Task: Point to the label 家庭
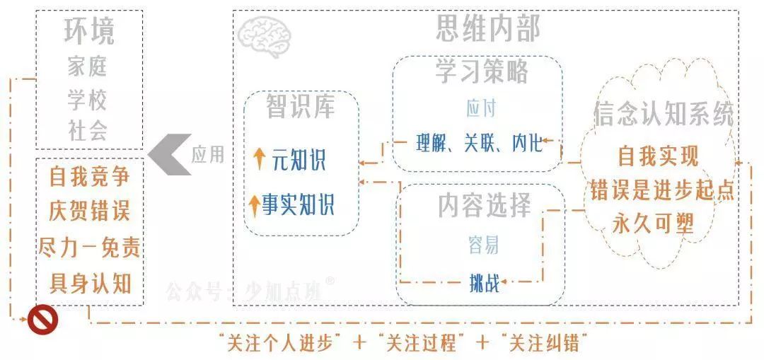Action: (88, 67)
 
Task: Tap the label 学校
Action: (88, 100)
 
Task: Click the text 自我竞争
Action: (89, 175)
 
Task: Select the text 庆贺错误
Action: (89, 211)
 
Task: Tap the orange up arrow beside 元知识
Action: (260, 160)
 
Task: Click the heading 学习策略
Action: (481, 71)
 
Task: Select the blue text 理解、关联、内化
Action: (479, 144)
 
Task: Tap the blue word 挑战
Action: (484, 284)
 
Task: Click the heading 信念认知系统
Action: (663, 116)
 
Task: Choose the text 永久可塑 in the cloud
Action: (654, 223)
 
